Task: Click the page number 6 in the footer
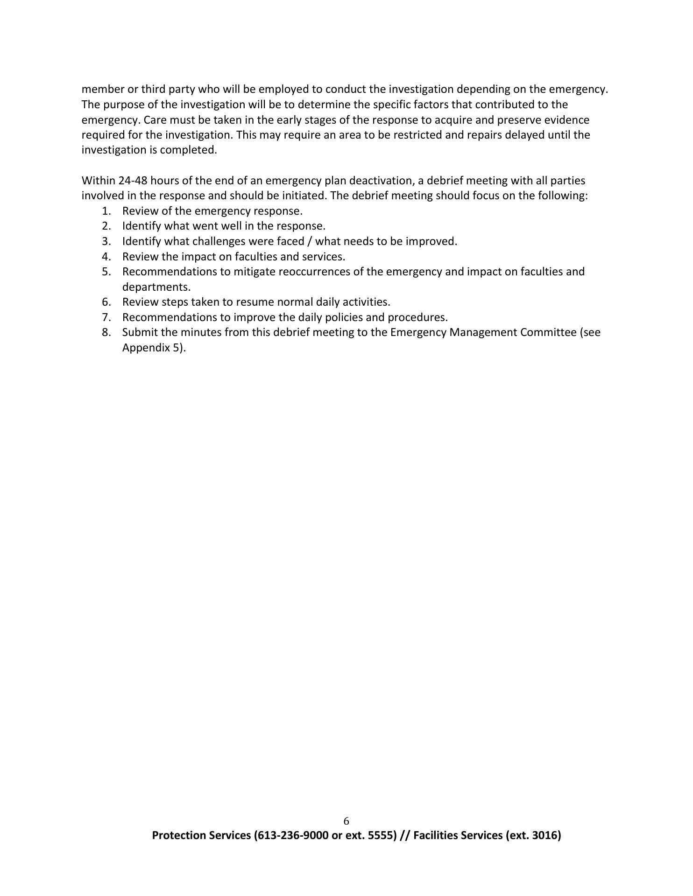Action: pos(346,821)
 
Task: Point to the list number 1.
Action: pos(106,211)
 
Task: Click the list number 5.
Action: pos(106,272)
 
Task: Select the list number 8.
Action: pos(106,332)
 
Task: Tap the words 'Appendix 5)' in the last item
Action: pos(154,348)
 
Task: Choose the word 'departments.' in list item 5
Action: pos(156,287)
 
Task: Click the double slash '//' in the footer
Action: pos(405,835)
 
